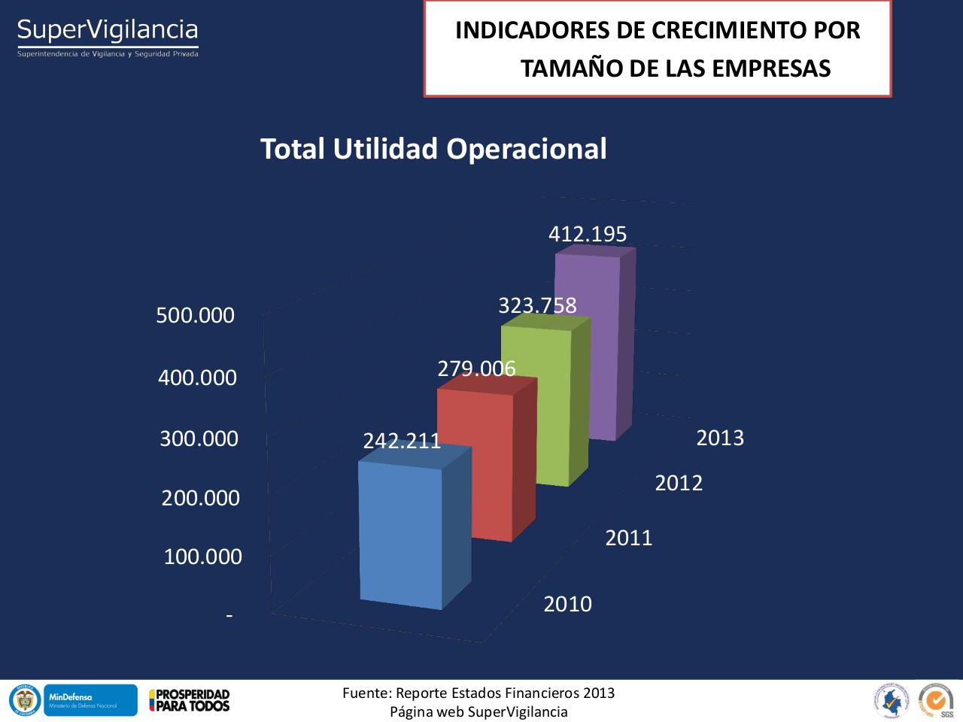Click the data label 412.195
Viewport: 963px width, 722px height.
coord(588,234)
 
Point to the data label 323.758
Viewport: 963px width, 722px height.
coord(537,305)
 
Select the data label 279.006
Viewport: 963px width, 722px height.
coord(476,369)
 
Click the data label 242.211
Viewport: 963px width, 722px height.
coord(402,441)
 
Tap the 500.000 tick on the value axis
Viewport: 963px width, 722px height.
coord(196,315)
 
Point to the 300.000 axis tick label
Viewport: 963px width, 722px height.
coord(199,438)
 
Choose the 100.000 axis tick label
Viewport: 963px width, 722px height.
coord(202,557)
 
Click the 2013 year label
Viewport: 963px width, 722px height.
coord(720,438)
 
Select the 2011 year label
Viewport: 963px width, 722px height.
coord(629,538)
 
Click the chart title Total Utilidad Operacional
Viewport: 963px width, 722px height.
coord(433,149)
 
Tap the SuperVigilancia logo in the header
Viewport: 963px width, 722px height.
coord(108,36)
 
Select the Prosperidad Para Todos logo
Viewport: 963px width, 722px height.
coord(189,700)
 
